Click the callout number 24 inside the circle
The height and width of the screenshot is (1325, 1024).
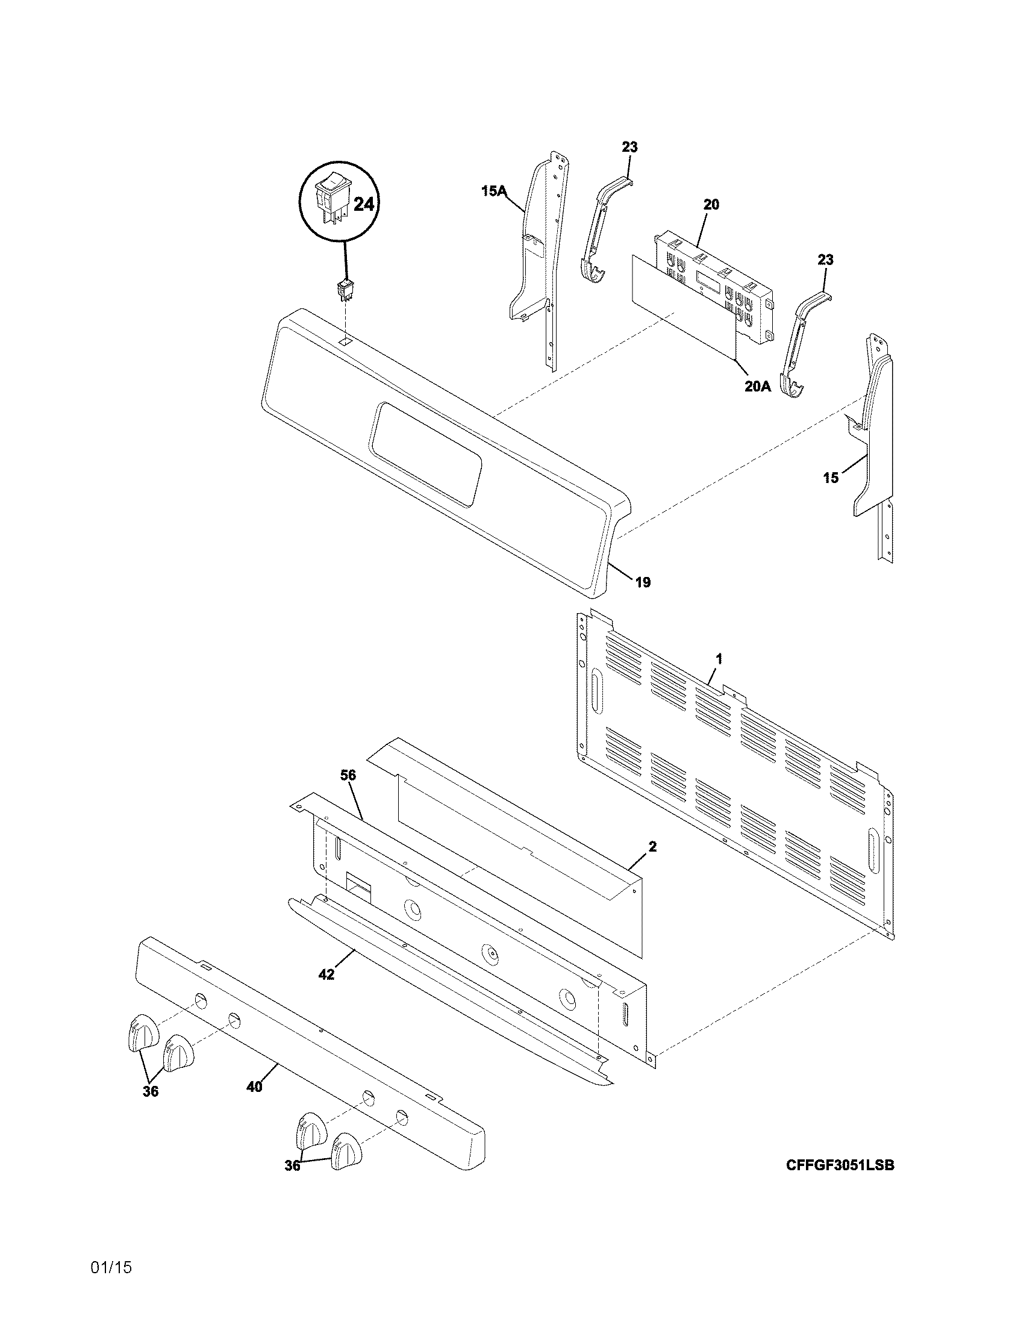point(363,204)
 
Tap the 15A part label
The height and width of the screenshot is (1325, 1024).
point(494,192)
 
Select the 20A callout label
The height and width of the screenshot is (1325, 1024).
point(758,386)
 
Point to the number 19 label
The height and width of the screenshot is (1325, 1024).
point(643,582)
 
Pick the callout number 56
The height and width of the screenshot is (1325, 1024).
point(348,775)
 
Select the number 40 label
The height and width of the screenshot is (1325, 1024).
point(255,1087)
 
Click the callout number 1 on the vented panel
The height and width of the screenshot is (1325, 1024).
point(719,658)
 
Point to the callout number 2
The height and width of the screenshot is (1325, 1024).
point(652,846)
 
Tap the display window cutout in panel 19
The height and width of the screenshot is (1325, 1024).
point(428,454)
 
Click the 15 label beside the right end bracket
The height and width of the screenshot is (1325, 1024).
point(831,478)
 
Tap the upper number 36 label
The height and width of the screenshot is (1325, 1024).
point(151,1091)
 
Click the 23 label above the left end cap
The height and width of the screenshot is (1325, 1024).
point(629,148)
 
